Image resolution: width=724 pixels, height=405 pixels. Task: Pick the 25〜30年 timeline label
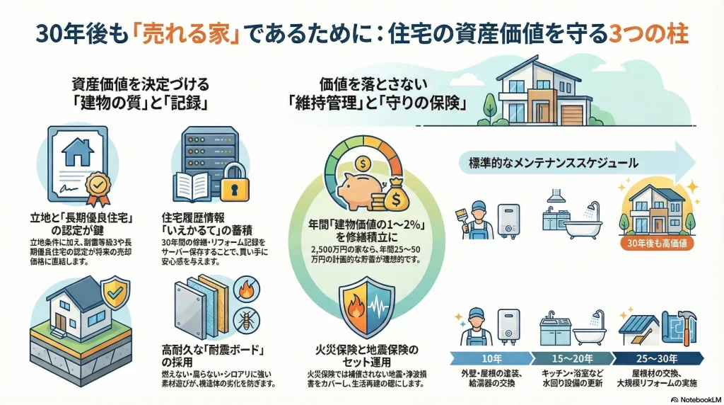(657, 357)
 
